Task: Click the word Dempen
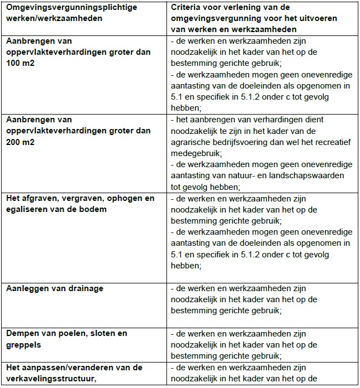coord(22,334)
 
